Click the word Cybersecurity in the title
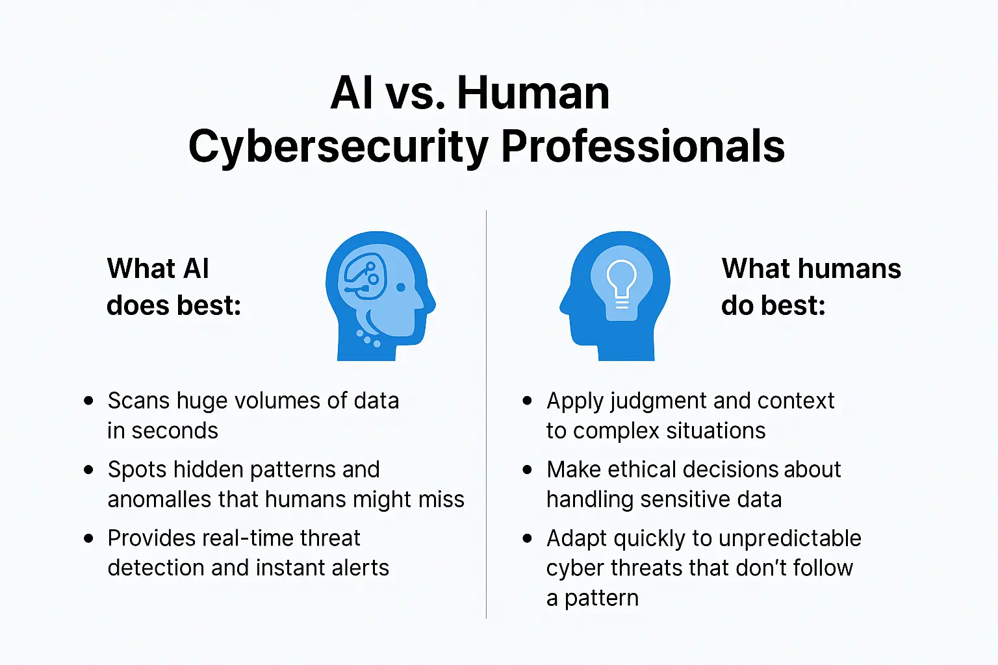coord(339,146)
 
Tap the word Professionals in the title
coord(643,146)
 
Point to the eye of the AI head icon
coord(401,286)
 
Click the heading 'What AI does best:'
coord(173,286)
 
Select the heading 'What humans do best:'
coord(811,286)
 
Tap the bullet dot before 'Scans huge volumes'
coord(89,401)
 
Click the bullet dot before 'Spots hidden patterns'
coord(89,470)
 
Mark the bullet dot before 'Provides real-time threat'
coord(89,538)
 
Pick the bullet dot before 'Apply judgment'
coord(528,401)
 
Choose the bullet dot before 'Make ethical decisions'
coord(528,470)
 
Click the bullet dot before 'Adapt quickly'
coord(528,538)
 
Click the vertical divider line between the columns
coord(487,416)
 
